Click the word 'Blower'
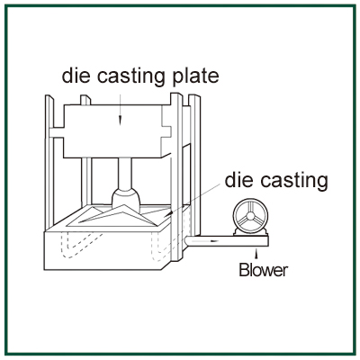(x=264, y=270)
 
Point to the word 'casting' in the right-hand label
(x=294, y=182)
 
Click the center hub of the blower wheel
(x=250, y=215)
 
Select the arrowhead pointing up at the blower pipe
(x=256, y=256)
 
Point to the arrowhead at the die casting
(x=170, y=213)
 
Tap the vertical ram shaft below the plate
(x=125, y=174)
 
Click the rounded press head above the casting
(x=126, y=201)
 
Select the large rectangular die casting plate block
(x=116, y=131)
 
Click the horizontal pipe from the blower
(x=227, y=241)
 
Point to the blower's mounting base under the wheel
(x=250, y=233)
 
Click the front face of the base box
(x=103, y=251)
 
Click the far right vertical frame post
(x=194, y=166)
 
